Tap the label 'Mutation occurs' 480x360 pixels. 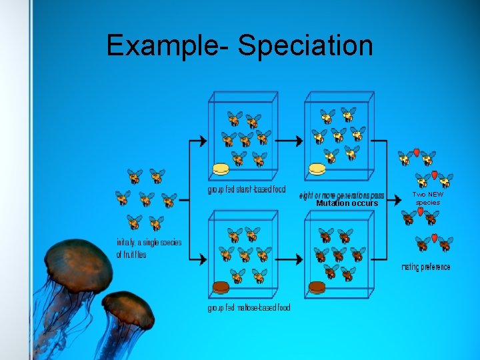[x=347, y=203]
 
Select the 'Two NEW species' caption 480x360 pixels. [x=427, y=199]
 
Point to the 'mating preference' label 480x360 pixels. [x=425, y=267]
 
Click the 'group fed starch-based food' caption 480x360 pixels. [x=246, y=190]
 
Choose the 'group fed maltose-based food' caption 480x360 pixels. [x=249, y=307]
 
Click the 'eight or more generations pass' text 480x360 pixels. [x=341, y=195]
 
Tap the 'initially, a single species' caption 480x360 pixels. [x=149, y=243]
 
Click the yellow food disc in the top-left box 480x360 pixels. [x=221, y=169]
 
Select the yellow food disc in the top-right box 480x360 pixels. [x=317, y=169]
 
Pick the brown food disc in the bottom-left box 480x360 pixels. [x=221, y=287]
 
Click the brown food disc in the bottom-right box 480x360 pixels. [x=317, y=287]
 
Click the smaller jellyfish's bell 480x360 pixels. [x=129, y=310]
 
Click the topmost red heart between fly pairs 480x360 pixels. [x=417, y=153]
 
